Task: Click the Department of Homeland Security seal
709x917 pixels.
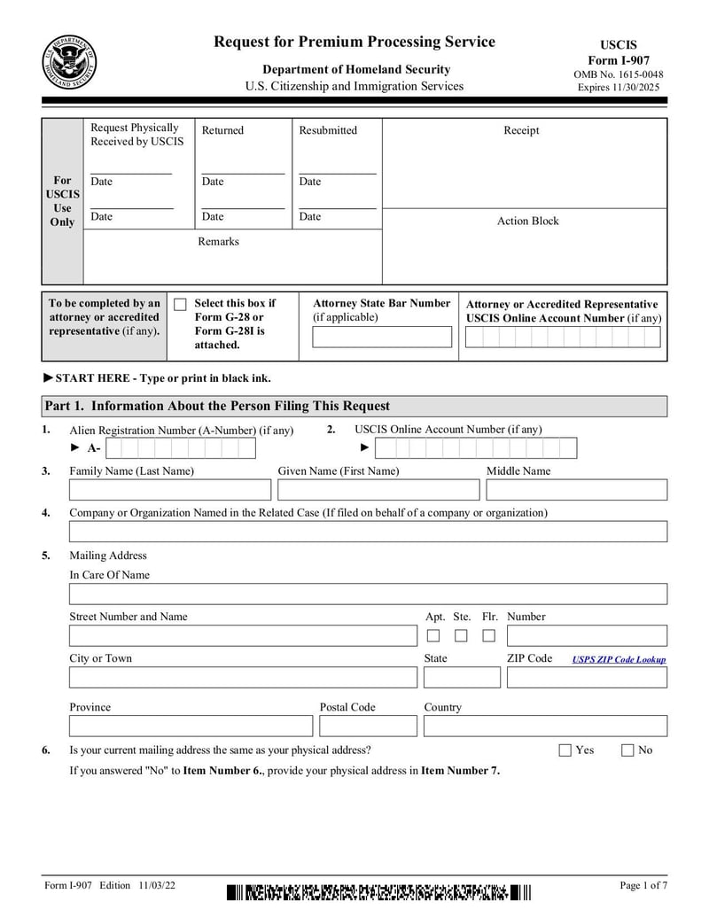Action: [x=70, y=62]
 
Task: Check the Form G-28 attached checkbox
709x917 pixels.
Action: [x=180, y=305]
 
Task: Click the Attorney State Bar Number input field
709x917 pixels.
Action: [x=381, y=337]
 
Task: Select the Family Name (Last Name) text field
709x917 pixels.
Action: [x=170, y=490]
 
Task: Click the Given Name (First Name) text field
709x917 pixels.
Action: [x=378, y=490]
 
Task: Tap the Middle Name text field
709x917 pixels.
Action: [x=576, y=490]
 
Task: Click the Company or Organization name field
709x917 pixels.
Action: [x=368, y=532]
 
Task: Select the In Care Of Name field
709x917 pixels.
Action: [x=368, y=594]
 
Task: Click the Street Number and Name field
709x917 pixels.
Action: [x=243, y=635]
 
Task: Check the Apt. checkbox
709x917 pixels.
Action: [x=433, y=635]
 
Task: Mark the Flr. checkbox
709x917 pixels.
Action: [x=488, y=635]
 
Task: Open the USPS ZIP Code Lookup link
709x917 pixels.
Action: [x=619, y=659]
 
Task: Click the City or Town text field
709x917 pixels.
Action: [x=243, y=678]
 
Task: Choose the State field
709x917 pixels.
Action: [x=461, y=678]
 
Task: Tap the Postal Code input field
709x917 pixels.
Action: [x=368, y=727]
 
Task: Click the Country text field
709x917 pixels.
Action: [x=545, y=727]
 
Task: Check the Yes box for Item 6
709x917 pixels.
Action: [x=565, y=750]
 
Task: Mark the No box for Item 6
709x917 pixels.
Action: [x=627, y=750]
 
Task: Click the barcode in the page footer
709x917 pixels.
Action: [x=378, y=892]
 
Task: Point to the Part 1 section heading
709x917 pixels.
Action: [x=217, y=406]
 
